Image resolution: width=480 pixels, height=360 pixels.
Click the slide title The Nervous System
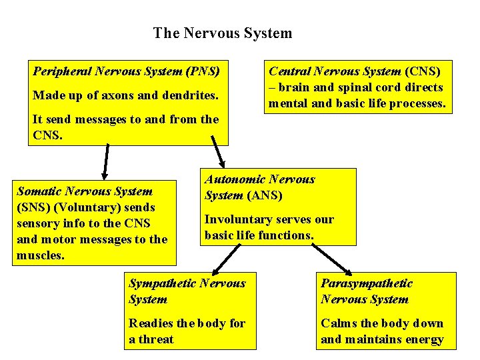[222, 33]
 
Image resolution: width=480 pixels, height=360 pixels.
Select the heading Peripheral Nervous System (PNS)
[127, 70]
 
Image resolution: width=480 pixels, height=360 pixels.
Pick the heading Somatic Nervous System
[85, 191]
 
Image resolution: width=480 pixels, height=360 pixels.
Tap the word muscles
[41, 255]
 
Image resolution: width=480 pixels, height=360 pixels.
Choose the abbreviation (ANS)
[265, 195]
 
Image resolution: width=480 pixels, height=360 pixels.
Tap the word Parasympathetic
[367, 283]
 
